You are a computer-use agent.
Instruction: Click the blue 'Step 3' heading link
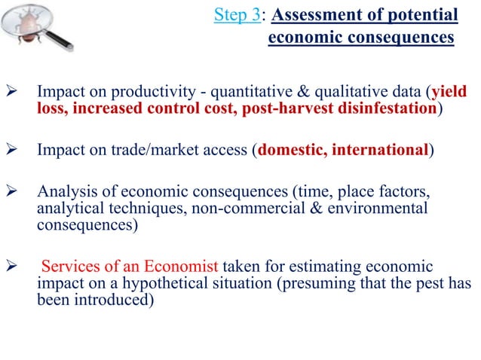[x=234, y=16]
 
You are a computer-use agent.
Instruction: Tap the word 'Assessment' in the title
[x=301, y=16]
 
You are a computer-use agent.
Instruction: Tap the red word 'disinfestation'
[x=388, y=109]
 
